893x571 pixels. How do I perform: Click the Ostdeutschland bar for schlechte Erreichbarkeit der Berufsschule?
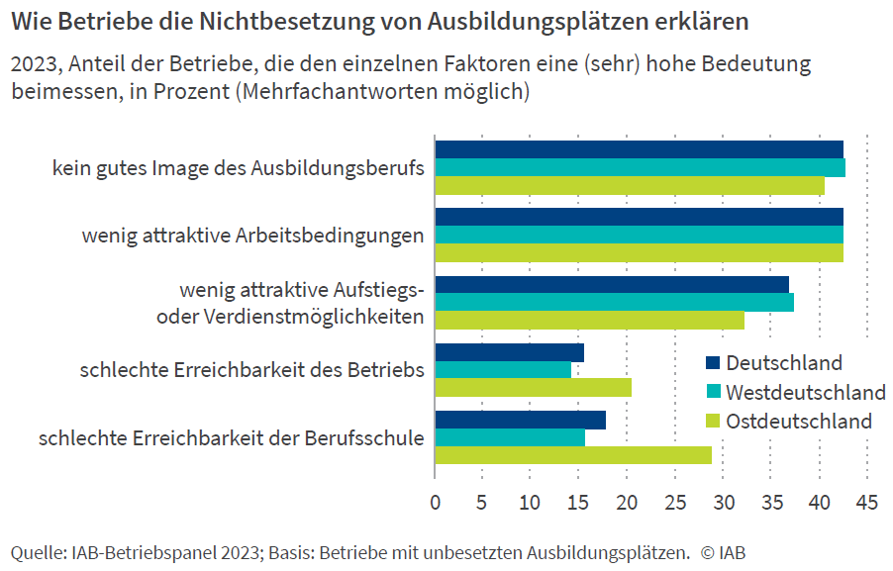573,455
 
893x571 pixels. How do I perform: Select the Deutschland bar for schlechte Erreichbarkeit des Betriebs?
509,352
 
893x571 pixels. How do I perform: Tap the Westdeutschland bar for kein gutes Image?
640,168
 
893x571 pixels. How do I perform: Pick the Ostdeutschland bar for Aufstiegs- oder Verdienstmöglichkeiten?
589,320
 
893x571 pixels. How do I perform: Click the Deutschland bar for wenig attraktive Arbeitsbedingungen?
639,217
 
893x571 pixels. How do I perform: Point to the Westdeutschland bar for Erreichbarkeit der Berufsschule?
510,437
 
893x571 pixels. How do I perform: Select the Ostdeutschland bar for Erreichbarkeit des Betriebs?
533,388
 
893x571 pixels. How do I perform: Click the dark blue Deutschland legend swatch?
713,363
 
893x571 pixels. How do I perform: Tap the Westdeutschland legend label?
805,391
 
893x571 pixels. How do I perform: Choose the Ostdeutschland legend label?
799,421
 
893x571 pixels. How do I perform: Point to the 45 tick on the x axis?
867,502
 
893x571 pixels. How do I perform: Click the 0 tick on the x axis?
436,502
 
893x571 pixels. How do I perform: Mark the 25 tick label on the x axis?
675,502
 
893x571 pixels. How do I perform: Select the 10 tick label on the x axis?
531,502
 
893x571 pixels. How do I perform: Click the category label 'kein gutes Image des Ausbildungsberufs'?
239,168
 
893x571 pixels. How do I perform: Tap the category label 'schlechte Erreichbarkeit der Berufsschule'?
232,437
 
